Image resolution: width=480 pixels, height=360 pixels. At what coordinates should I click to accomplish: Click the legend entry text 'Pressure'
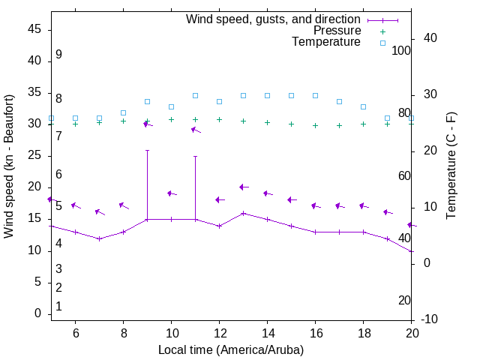[x=337, y=31]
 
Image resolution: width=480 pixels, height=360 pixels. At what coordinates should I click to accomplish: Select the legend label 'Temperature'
[x=326, y=42]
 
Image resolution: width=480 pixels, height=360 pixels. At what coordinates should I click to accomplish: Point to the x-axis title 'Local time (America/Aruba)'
[x=231, y=349]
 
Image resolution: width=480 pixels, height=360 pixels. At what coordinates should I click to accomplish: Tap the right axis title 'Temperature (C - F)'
[x=451, y=166]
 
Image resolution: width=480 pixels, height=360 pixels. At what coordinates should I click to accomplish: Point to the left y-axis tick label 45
[x=36, y=29]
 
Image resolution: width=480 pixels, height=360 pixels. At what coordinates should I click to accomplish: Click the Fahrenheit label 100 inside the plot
[x=401, y=50]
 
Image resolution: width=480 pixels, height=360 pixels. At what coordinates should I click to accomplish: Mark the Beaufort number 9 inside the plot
[x=58, y=55]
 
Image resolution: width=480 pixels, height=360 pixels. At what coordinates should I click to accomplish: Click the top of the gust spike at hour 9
[x=147, y=150]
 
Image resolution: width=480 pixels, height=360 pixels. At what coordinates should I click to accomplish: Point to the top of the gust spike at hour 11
[x=195, y=156]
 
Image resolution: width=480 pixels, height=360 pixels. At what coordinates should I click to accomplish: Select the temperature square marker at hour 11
[x=195, y=95]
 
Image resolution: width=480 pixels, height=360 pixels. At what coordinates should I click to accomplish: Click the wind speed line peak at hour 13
[x=243, y=213]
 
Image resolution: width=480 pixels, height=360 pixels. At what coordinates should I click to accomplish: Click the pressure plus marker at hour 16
[x=315, y=125]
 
